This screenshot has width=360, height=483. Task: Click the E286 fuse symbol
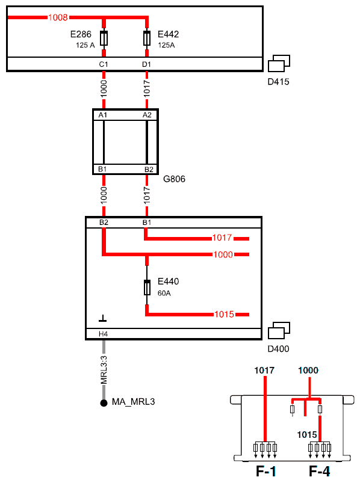pyautogui.click(x=104, y=38)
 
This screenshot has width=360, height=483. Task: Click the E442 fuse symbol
pyautogui.click(x=147, y=38)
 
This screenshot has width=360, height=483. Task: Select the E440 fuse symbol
pyautogui.click(x=147, y=288)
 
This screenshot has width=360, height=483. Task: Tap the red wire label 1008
pyautogui.click(x=58, y=17)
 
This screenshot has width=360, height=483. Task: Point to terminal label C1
pyautogui.click(x=104, y=64)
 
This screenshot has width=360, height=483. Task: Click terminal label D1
pyautogui.click(x=146, y=64)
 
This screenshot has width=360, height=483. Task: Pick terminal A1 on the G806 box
pyautogui.click(x=102, y=115)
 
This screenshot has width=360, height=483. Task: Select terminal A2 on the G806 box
pyautogui.click(x=147, y=115)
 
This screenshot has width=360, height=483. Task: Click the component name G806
pyautogui.click(x=174, y=179)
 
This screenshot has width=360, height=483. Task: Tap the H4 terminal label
pyautogui.click(x=104, y=334)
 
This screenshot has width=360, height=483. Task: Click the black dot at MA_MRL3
pyautogui.click(x=104, y=402)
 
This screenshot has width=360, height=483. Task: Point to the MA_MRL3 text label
pyautogui.click(x=133, y=402)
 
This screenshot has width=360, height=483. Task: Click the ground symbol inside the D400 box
pyautogui.click(x=102, y=319)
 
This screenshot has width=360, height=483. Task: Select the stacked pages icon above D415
pyautogui.click(x=279, y=63)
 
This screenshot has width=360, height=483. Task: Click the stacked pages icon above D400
pyautogui.click(x=279, y=331)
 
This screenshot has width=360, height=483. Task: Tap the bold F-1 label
pyautogui.click(x=266, y=472)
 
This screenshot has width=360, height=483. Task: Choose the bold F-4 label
pyautogui.click(x=319, y=472)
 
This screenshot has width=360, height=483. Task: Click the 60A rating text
pyautogui.click(x=164, y=294)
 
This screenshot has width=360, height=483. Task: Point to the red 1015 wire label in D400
pyautogui.click(x=224, y=314)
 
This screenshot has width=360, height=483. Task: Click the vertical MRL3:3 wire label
pyautogui.click(x=104, y=370)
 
